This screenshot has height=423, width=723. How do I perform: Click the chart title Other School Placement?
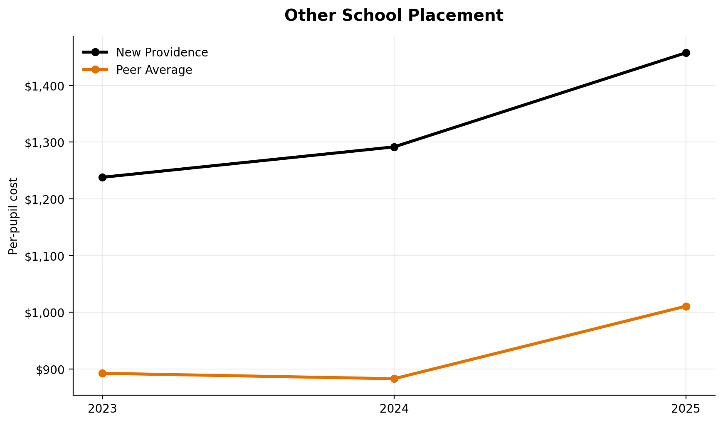[394, 16]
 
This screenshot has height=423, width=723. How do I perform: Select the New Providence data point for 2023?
[102, 177]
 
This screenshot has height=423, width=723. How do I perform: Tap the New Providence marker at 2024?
[394, 147]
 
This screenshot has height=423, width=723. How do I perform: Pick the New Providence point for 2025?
[686, 53]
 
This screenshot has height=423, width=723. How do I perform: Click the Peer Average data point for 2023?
[102, 373]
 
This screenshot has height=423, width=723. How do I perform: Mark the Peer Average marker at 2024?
[394, 379]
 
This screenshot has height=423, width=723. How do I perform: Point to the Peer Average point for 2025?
[686, 306]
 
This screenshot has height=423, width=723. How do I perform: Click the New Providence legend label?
[162, 53]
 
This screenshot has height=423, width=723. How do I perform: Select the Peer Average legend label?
[154, 70]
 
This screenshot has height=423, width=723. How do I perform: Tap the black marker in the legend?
[95, 52]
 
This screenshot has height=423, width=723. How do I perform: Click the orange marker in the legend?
[95, 70]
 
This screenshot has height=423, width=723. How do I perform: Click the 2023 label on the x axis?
[102, 409]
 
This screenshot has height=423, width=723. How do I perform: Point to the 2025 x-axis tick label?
[686, 409]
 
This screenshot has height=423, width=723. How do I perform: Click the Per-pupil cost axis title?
[14, 216]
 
